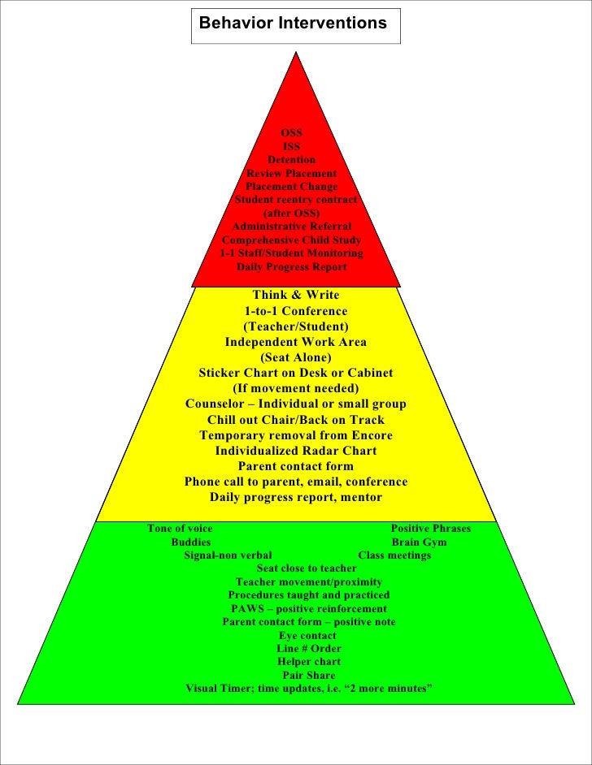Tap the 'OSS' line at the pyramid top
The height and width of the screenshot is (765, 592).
click(291, 133)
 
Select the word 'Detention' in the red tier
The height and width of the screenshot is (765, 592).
click(291, 160)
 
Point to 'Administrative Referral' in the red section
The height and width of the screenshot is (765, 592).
click(292, 227)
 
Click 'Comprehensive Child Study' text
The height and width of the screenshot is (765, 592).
click(291, 240)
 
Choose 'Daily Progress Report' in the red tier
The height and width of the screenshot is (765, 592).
click(291, 267)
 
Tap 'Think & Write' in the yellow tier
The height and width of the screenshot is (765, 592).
click(295, 295)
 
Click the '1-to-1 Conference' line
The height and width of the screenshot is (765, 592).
click(295, 311)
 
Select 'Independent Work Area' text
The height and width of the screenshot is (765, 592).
click(295, 342)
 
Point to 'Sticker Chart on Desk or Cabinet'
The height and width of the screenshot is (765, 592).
click(295, 373)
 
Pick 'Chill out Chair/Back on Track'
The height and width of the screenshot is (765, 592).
click(295, 420)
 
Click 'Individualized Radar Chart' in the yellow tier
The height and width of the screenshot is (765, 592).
click(295, 451)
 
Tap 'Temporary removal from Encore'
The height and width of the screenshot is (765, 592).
click(295, 435)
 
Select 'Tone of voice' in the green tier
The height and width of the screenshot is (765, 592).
click(180, 529)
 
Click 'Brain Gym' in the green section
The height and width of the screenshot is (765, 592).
click(419, 542)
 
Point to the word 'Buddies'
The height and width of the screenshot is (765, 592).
click(190, 542)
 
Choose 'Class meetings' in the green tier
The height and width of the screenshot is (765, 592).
click(394, 555)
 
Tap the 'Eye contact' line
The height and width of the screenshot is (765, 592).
click(307, 635)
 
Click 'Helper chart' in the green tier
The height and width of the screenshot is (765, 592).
click(308, 662)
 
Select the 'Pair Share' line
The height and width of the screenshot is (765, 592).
click(308, 675)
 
